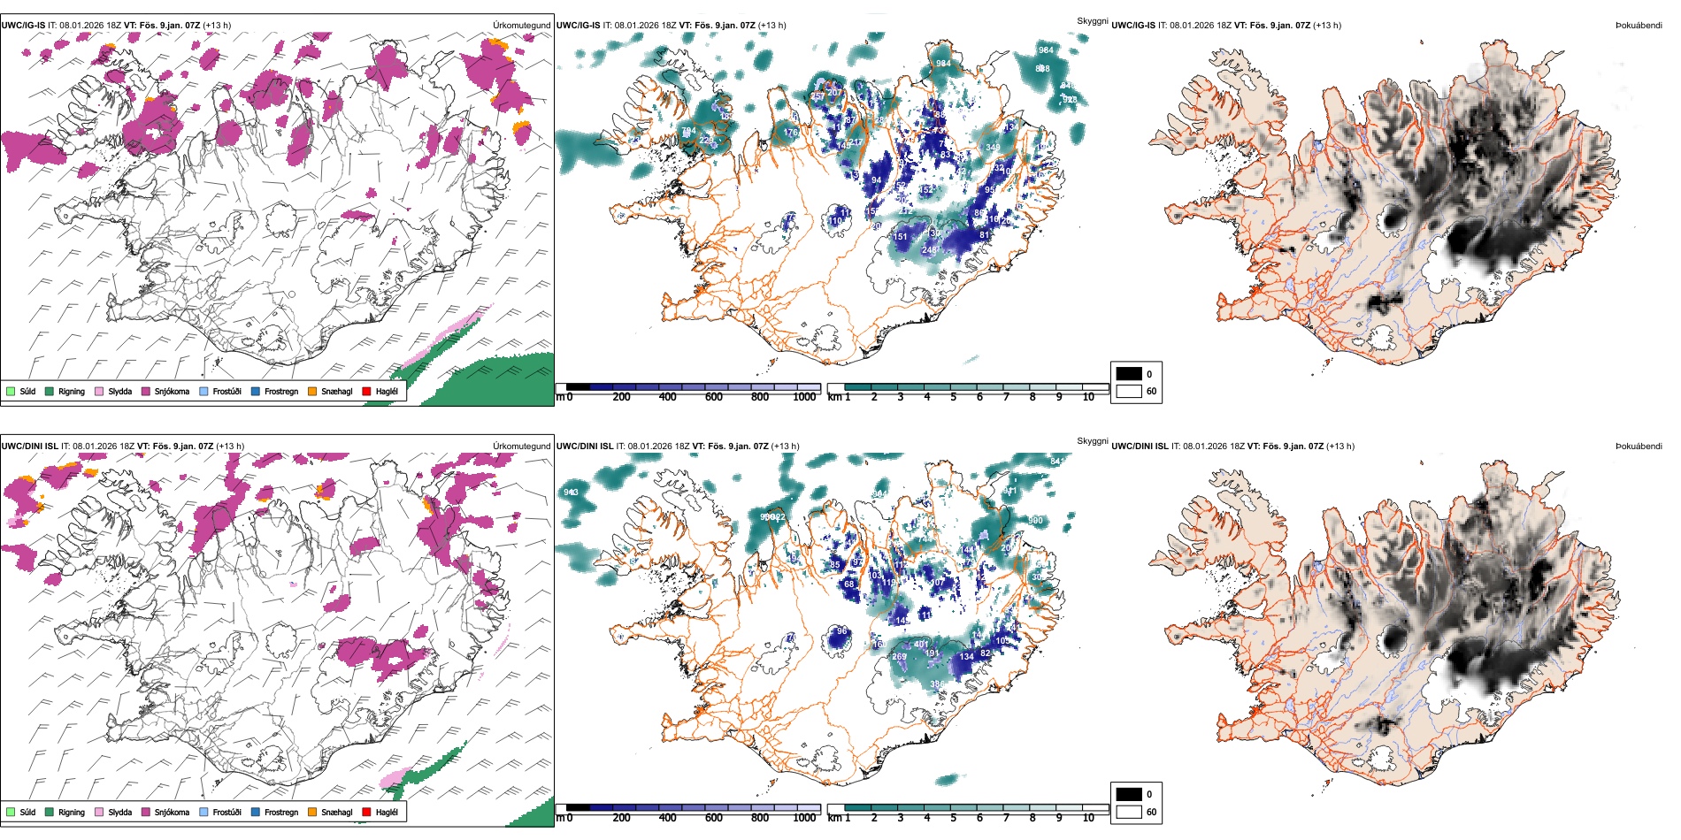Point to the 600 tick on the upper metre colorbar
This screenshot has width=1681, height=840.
tap(713, 397)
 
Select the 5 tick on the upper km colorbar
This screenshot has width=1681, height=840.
tap(953, 397)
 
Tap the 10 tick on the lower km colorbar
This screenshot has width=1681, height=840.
tap(1088, 818)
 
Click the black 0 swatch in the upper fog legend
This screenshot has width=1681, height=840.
tap(1129, 374)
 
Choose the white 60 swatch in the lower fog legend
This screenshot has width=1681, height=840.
tap(1129, 812)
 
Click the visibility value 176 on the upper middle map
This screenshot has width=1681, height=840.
tap(790, 133)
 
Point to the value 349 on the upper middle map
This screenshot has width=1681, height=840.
tap(993, 148)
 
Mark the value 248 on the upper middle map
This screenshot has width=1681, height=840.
tap(929, 250)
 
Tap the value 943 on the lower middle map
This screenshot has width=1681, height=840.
tap(571, 493)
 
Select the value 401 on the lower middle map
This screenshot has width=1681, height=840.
tap(921, 645)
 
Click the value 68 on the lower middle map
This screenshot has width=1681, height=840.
tap(849, 584)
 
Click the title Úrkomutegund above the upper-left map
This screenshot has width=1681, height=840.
tap(521, 26)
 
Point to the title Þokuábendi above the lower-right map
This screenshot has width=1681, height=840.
tap(1638, 447)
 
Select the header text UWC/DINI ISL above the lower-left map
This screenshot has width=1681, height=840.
tap(29, 447)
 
